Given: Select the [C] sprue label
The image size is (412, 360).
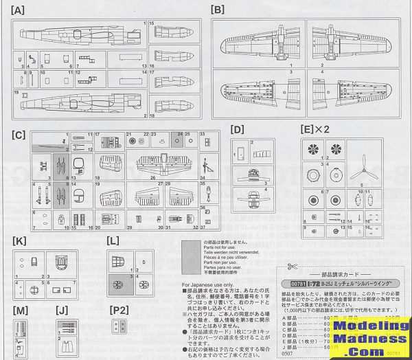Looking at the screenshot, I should click(x=20, y=125).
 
